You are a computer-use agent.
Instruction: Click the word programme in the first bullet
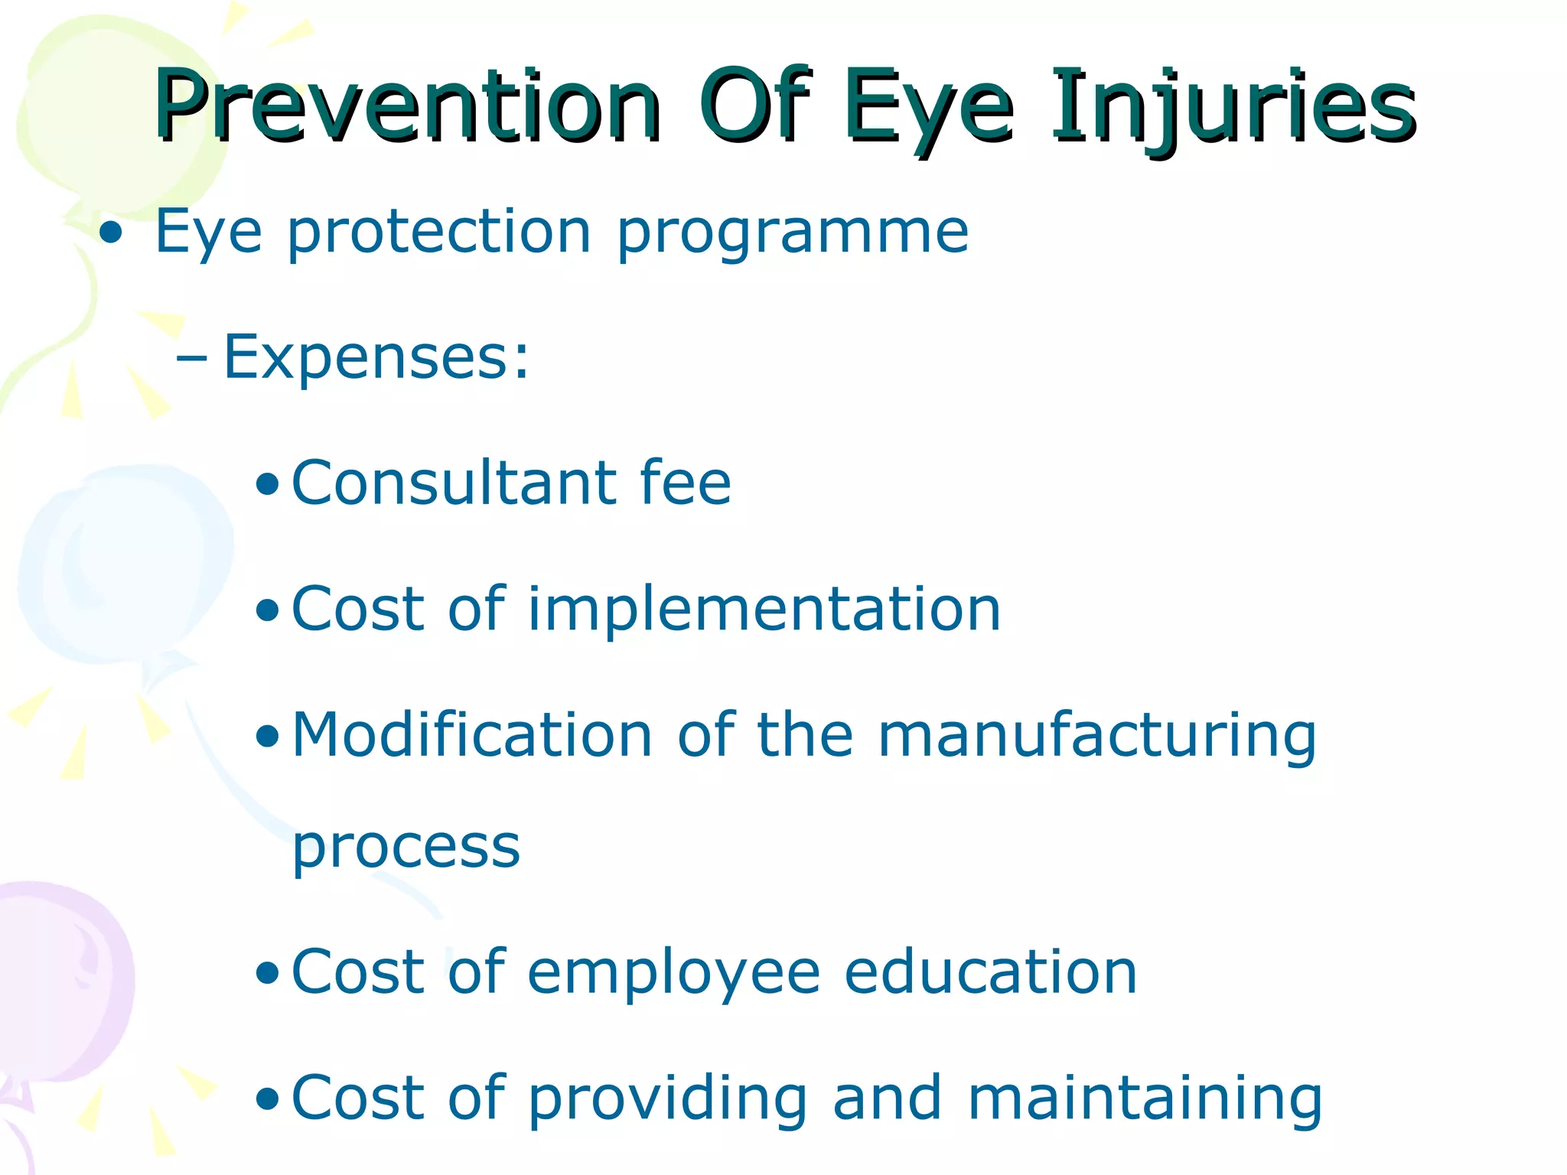[x=793, y=233]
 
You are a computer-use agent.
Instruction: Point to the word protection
[x=439, y=233]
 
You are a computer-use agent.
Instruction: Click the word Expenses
[x=375, y=358]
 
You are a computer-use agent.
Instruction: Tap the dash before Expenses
[x=191, y=357]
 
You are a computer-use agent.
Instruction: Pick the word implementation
[x=764, y=609]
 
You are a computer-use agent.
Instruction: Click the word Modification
[x=472, y=734]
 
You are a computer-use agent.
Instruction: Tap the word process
[x=406, y=849]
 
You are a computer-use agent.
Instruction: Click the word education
[x=991, y=972]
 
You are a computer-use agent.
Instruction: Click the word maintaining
[x=1145, y=1099]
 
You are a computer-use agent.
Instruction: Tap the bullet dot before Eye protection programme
[x=111, y=234]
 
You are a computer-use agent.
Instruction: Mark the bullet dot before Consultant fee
[x=267, y=484]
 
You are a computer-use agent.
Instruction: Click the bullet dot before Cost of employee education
[x=267, y=974]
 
